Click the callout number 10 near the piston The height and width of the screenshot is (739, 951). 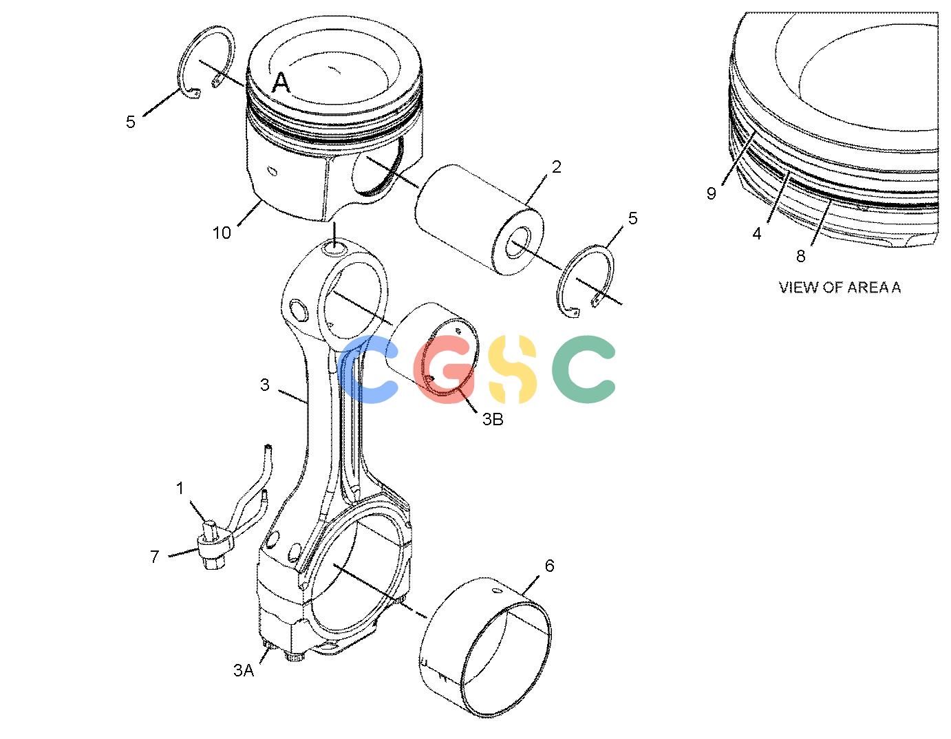click(x=222, y=233)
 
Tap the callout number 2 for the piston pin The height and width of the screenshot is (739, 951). click(x=556, y=167)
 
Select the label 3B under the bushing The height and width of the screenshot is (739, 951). click(x=492, y=419)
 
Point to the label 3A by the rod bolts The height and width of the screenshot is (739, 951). click(x=244, y=670)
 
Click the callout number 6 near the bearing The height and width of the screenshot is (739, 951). click(x=549, y=566)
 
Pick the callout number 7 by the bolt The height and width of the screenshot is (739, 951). click(x=155, y=557)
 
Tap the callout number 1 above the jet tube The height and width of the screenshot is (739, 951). click(x=180, y=488)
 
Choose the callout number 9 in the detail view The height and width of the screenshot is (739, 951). click(x=711, y=193)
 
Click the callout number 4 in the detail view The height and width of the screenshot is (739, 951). click(x=757, y=234)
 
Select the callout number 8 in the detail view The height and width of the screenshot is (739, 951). click(x=800, y=256)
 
